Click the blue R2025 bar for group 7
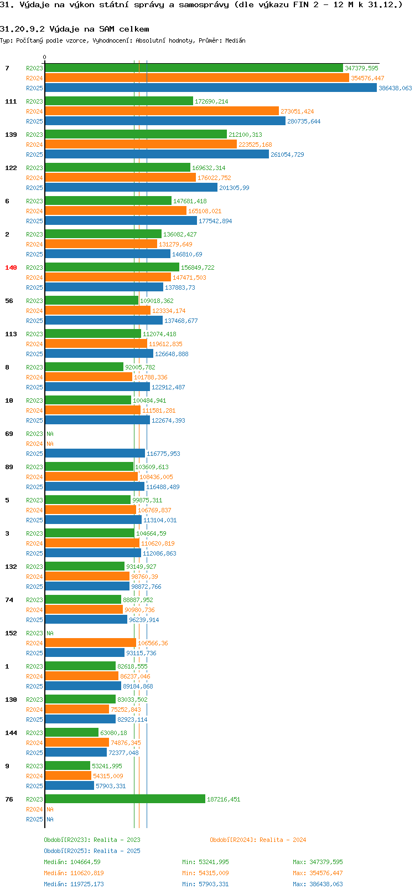(x=210, y=88)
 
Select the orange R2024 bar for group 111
(x=162, y=111)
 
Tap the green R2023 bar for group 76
(x=125, y=799)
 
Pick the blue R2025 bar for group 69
(x=95, y=454)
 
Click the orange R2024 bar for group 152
(x=91, y=643)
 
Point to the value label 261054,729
(x=287, y=155)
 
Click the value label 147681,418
(x=190, y=201)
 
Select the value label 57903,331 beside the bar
(x=111, y=786)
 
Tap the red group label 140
(x=11, y=268)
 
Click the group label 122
(x=11, y=168)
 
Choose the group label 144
(x=11, y=733)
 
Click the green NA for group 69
(x=50, y=434)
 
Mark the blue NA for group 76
(x=50, y=819)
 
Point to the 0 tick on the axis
(x=44, y=57)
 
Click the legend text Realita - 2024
(x=283, y=840)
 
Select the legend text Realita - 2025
(x=117, y=850)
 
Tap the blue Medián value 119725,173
(x=87, y=884)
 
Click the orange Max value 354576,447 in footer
(x=326, y=873)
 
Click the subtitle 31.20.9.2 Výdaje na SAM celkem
(x=75, y=29)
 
